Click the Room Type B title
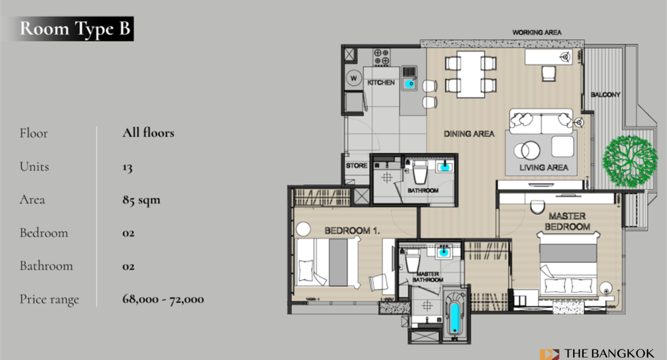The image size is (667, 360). [x=74, y=29]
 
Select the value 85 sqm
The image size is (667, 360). [x=141, y=200]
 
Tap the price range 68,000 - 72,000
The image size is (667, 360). [x=163, y=299]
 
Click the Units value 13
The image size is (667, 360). [x=127, y=167]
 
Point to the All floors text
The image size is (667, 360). [x=148, y=133]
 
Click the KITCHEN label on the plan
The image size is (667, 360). [x=381, y=83]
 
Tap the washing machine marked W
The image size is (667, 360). [x=353, y=78]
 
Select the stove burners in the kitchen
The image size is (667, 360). [x=381, y=57]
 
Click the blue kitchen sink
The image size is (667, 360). [x=410, y=84]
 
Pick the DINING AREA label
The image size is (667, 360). [x=469, y=133]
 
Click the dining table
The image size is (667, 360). [x=470, y=74]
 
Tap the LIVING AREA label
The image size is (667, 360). [x=544, y=168]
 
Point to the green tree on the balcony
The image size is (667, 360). [x=629, y=161]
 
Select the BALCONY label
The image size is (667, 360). [x=605, y=95]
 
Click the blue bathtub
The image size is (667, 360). [x=455, y=317]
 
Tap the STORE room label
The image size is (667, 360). [x=356, y=165]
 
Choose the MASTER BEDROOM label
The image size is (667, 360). [x=567, y=221]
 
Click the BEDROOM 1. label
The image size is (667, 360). [x=352, y=231]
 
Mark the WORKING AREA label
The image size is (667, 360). [x=537, y=32]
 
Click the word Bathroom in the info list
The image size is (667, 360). [x=46, y=266]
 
